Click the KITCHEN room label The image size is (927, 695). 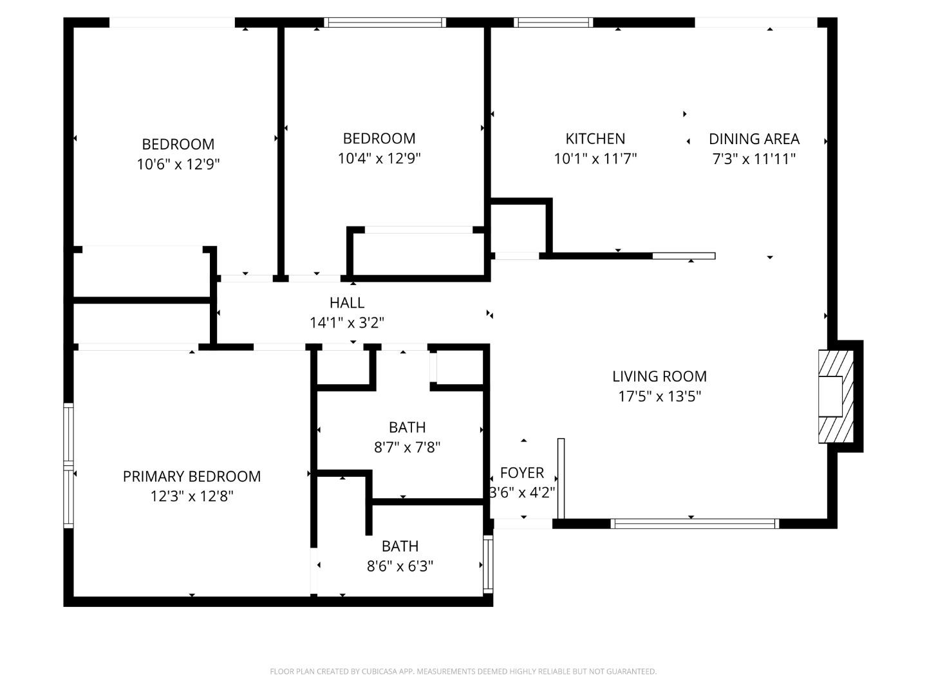(595, 138)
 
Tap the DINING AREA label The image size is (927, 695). (754, 138)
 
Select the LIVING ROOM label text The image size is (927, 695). (659, 376)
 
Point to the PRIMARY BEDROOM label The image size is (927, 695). (191, 476)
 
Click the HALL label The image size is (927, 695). (347, 302)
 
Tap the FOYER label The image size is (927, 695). (521, 473)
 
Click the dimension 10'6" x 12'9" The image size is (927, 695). (178, 164)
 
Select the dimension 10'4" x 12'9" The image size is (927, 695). (379, 158)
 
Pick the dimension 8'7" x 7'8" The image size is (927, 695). (407, 447)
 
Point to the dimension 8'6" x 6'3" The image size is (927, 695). (400, 566)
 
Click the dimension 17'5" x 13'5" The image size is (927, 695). (659, 396)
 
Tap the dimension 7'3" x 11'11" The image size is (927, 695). (754, 159)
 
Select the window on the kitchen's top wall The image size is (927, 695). (554, 23)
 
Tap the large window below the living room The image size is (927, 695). (694, 524)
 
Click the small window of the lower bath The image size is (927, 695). (488, 564)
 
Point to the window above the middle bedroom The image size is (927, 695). (385, 23)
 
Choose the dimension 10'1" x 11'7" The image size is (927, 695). (595, 159)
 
